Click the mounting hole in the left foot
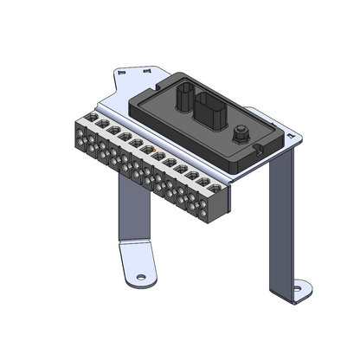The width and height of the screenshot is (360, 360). point(140,278)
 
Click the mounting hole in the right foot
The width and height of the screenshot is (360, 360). point(299,287)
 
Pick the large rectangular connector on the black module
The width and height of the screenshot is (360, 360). point(210,112)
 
